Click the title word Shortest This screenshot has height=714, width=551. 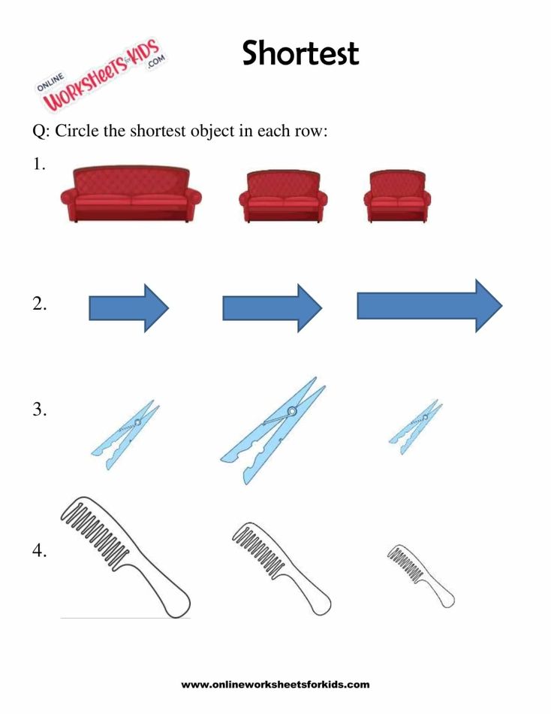(x=300, y=53)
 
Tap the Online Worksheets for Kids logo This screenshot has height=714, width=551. (x=101, y=75)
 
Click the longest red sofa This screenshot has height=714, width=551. (x=131, y=194)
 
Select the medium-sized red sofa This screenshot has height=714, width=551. (x=283, y=196)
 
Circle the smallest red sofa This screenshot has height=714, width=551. (x=397, y=197)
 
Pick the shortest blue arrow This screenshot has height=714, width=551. (x=129, y=308)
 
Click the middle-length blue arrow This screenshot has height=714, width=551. (x=272, y=308)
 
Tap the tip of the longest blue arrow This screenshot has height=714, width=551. (x=502, y=306)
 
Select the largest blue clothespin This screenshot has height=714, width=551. (x=273, y=431)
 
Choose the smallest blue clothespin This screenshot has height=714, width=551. (x=415, y=427)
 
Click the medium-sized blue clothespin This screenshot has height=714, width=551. (x=125, y=435)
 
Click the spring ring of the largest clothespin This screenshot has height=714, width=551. (x=292, y=412)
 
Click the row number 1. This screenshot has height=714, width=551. (x=39, y=165)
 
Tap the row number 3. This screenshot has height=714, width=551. (x=39, y=410)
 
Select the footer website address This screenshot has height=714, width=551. (x=275, y=685)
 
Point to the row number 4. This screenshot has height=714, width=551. (x=39, y=551)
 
